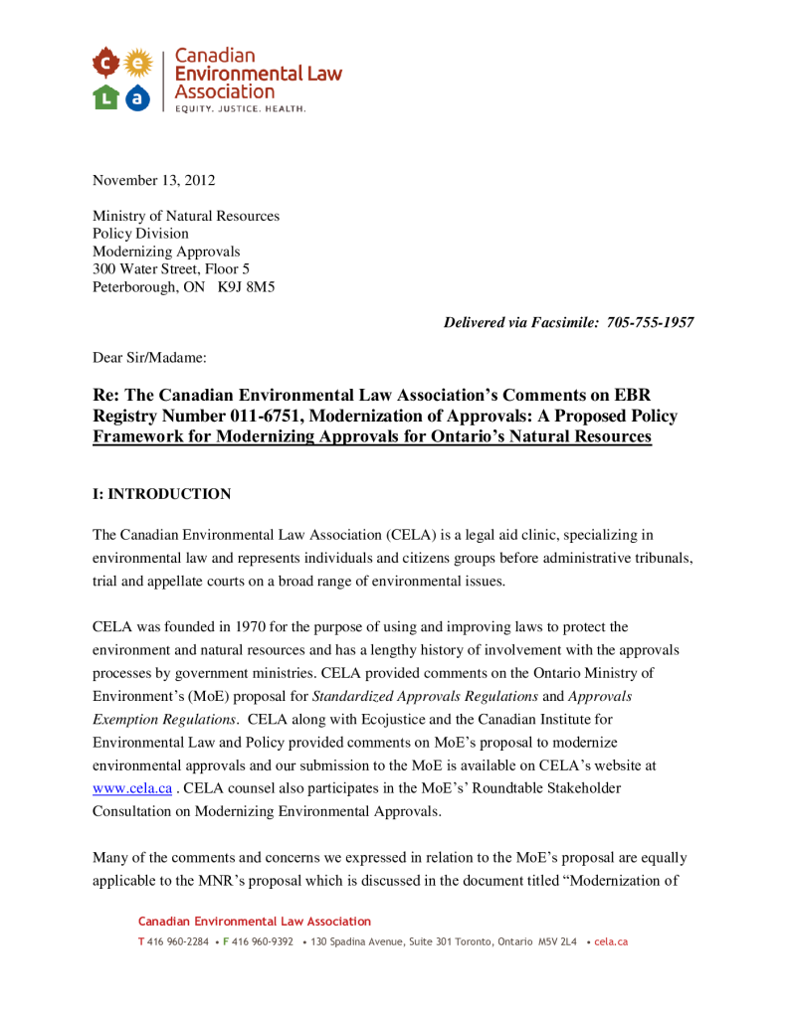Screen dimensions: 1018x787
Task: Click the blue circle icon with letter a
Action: coord(139,96)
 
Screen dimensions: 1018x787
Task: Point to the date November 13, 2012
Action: coord(153,180)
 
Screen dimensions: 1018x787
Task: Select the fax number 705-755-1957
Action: coord(651,322)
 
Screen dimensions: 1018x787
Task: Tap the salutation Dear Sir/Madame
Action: coord(149,355)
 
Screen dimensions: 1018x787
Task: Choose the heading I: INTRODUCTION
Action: coord(161,494)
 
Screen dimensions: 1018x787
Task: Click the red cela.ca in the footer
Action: coord(611,941)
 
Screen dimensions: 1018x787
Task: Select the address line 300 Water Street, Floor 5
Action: coord(171,269)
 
